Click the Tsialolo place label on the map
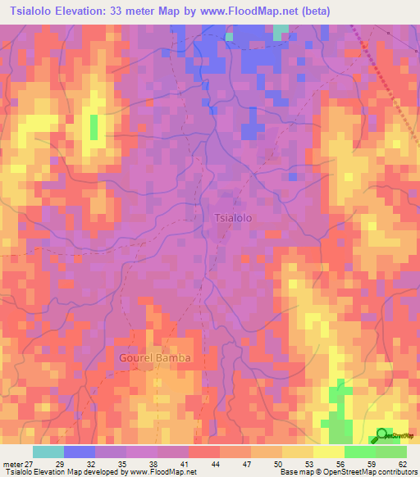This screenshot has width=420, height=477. [238, 218]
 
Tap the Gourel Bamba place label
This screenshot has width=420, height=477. [155, 358]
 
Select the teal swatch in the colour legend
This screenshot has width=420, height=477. [48, 452]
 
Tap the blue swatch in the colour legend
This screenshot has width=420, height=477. [80, 452]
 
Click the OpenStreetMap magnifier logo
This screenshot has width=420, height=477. [382, 435]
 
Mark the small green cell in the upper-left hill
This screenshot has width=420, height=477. [94, 127]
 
